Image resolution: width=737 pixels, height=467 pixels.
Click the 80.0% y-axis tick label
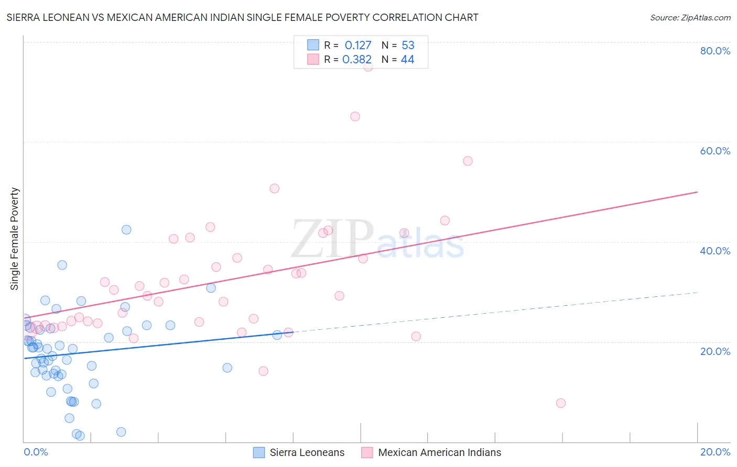point(715,51)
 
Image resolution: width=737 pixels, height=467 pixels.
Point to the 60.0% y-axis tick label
point(715,151)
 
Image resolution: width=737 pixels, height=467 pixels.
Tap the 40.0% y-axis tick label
point(715,251)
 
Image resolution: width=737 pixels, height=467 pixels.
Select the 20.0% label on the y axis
point(715,351)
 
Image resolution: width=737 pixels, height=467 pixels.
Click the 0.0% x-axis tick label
point(36,452)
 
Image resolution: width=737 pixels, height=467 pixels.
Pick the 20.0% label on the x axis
point(715,452)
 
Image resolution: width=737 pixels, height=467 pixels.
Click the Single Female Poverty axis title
point(15,239)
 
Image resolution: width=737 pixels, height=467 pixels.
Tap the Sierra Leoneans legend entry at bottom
point(307,452)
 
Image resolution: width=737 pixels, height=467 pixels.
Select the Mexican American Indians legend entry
point(439,452)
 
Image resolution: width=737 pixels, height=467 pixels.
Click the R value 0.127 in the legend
point(358,46)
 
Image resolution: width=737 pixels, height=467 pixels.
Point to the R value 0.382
point(357,60)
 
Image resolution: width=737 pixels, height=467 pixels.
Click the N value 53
point(408,46)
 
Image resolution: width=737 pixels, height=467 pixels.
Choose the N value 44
point(407,60)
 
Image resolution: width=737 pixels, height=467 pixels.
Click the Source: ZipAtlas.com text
point(690,18)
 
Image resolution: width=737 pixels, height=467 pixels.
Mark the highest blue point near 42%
point(126,230)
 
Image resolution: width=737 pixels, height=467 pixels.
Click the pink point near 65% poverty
point(355,117)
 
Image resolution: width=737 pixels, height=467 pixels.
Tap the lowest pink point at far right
point(561,403)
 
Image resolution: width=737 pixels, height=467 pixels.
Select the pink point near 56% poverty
point(468,161)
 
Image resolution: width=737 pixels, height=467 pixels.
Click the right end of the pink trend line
point(697,192)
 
